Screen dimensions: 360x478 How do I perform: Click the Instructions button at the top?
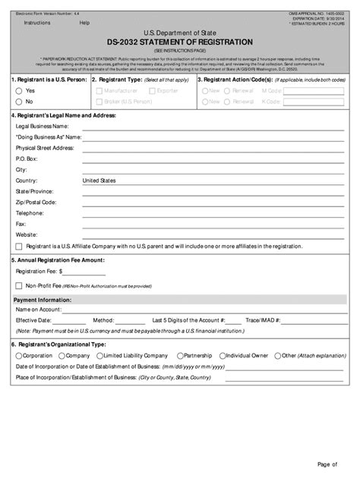(x=37, y=23)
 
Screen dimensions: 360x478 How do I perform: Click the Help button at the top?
(x=84, y=23)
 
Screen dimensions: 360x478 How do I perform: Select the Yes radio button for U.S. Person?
(x=18, y=90)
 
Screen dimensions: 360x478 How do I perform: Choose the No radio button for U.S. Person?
(x=18, y=101)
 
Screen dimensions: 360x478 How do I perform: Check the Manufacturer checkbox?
(x=98, y=90)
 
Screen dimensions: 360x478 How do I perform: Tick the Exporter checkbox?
(x=152, y=90)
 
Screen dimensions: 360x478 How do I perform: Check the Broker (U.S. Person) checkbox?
(x=98, y=101)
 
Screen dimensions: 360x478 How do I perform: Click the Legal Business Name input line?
(x=212, y=126)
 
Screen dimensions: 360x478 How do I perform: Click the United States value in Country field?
(x=99, y=181)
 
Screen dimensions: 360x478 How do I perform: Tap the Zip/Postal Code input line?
(x=212, y=203)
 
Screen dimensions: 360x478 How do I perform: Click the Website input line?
(x=212, y=234)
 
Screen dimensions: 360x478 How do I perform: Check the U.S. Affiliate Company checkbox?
(x=18, y=247)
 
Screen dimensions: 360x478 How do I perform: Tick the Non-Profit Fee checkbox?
(x=18, y=286)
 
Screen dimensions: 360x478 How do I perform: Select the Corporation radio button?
(x=18, y=355)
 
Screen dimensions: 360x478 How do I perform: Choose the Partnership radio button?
(x=179, y=355)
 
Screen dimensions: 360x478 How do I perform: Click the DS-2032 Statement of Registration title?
(x=180, y=42)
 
